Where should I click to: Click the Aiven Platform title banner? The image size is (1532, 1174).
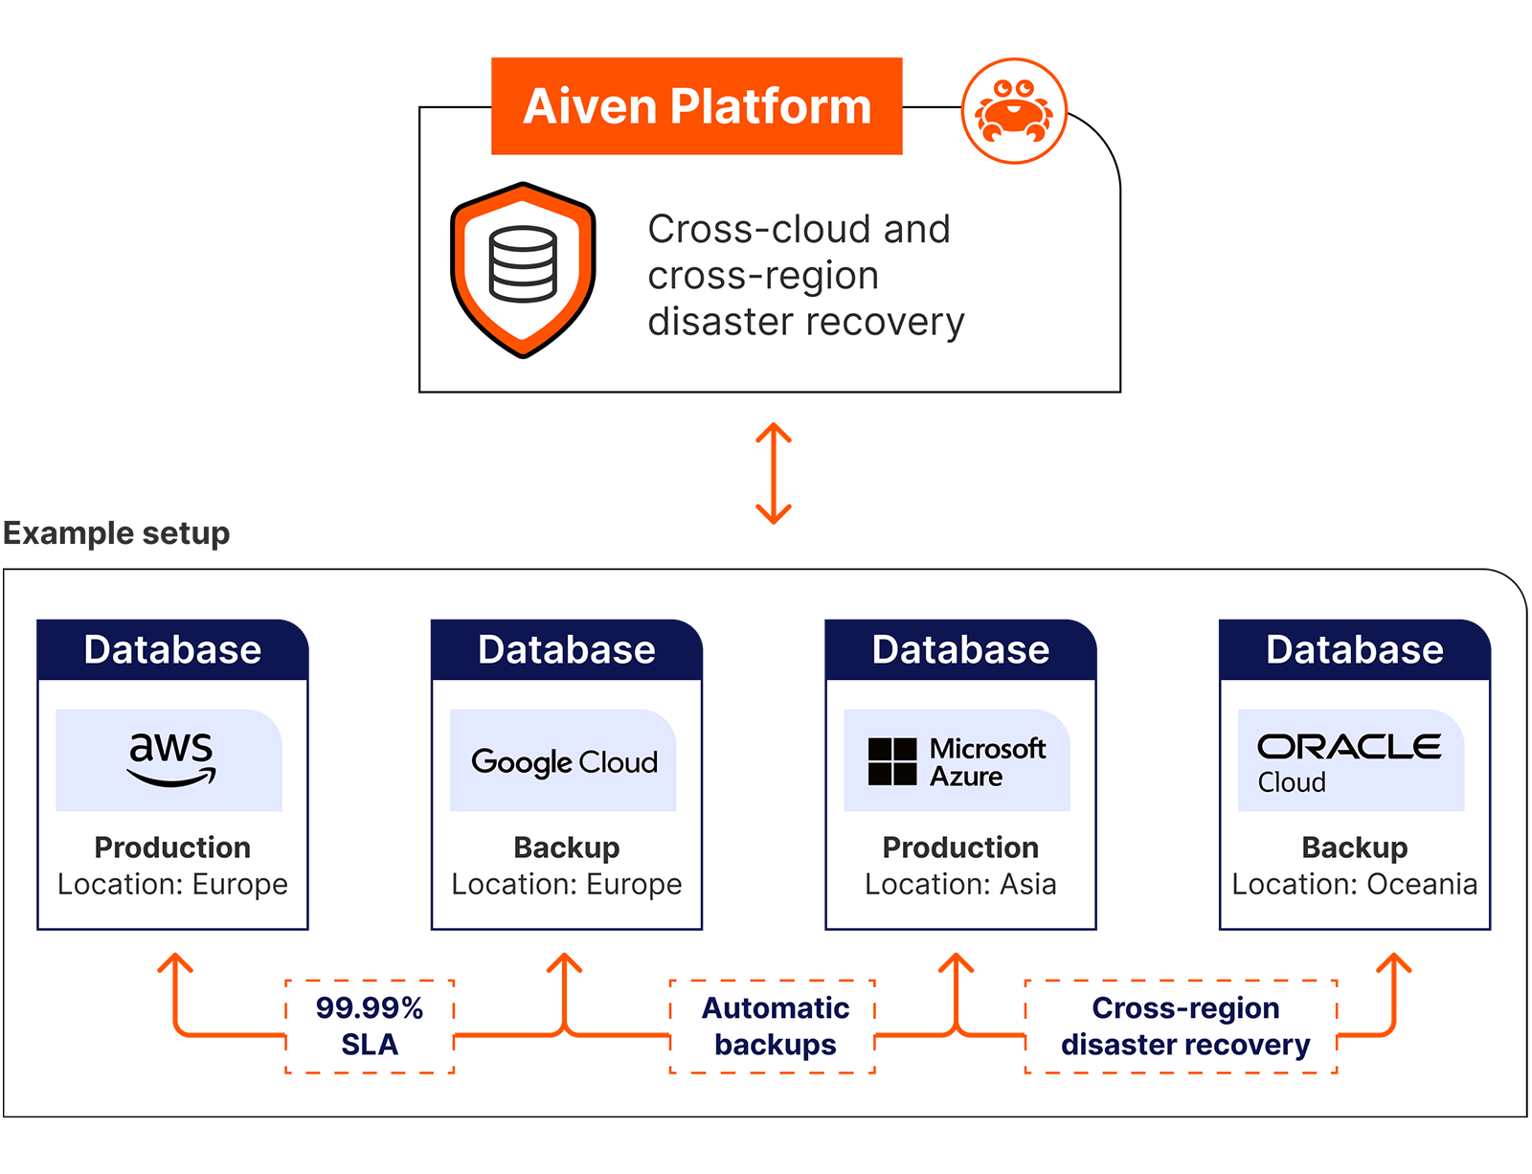(x=697, y=106)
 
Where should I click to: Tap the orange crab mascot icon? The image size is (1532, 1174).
(x=1013, y=112)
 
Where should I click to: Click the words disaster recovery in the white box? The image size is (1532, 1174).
(x=805, y=322)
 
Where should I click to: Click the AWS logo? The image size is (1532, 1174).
(x=170, y=758)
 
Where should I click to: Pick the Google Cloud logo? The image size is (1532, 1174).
(x=564, y=761)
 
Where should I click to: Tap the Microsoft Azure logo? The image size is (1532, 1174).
(x=957, y=761)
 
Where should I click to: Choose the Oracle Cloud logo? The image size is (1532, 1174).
(x=1349, y=761)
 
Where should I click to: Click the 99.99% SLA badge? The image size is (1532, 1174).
(x=370, y=1026)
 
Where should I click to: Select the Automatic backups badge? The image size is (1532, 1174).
(x=775, y=1026)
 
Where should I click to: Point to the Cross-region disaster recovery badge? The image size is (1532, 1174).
(x=1184, y=1026)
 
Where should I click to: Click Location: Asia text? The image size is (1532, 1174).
(x=960, y=884)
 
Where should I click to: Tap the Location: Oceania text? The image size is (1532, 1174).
(x=1354, y=884)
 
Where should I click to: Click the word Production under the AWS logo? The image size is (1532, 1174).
(x=172, y=847)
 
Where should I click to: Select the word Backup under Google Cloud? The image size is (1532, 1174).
(x=567, y=847)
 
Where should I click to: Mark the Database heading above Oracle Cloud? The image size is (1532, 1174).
(x=1354, y=649)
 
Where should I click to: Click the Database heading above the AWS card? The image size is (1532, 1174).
(x=172, y=649)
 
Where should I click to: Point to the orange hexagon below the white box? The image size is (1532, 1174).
(x=774, y=478)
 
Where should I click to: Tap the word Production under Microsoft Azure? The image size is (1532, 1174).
(x=960, y=847)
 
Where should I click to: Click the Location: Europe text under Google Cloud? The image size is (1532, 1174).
(x=567, y=884)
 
